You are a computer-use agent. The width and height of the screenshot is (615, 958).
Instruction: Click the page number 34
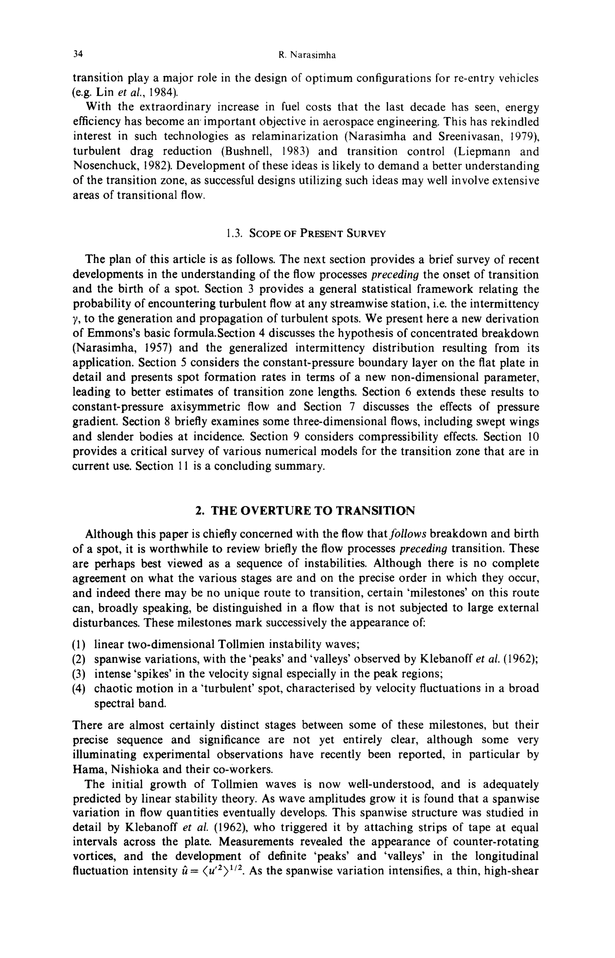point(77,54)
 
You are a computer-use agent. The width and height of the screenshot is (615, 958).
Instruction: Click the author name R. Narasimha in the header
point(307,56)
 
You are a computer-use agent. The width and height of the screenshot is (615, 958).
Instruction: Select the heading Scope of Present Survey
point(317,233)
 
